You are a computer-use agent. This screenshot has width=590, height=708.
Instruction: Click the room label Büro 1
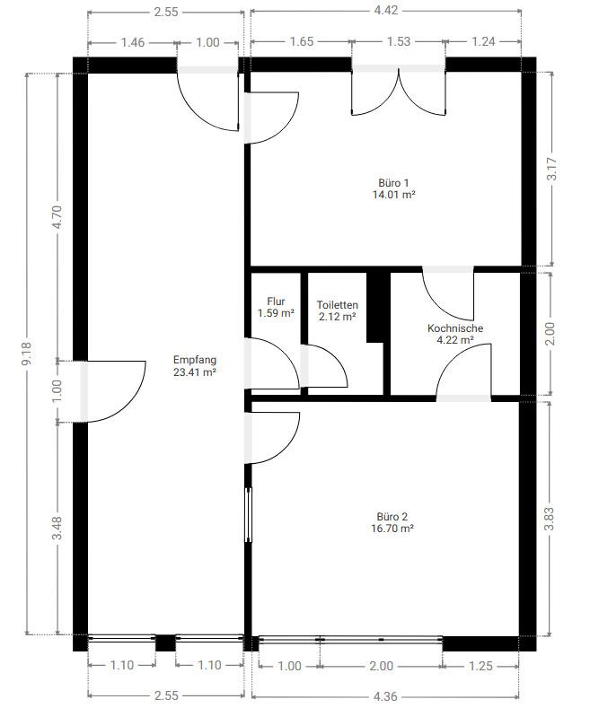pos(393,183)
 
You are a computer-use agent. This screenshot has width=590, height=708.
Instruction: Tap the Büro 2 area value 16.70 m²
pos(392,529)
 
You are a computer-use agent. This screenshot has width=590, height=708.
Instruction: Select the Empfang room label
pos(195,360)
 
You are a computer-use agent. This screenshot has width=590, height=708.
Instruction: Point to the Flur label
pos(276,302)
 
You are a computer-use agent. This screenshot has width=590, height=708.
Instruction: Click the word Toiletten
pos(337,305)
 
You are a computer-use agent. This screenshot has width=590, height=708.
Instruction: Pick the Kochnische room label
pos(455,328)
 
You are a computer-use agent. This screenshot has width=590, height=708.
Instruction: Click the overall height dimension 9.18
pos(27,354)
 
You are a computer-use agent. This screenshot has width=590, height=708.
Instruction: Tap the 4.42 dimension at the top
pos(386,10)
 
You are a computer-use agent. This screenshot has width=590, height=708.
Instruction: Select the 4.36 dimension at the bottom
pos(385,696)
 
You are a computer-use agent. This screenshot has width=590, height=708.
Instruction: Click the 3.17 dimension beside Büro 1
pos(552,169)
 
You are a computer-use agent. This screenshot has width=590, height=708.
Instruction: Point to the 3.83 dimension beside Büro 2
pos(550,519)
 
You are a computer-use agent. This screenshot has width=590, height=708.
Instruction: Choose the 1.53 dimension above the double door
pos(399,41)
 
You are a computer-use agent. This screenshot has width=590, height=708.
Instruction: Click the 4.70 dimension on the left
pos(57,217)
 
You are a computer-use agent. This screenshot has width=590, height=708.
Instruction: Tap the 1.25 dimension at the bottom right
pos(480,666)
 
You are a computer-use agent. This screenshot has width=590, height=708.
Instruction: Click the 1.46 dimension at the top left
pos(132,42)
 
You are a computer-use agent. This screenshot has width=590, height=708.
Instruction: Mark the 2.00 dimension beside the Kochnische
pos(550,333)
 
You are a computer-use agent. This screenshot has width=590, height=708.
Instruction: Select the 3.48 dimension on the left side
pos(57,528)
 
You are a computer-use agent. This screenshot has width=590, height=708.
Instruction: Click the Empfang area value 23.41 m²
pos(195,372)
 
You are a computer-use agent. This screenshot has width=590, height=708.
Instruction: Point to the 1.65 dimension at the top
pos(302,41)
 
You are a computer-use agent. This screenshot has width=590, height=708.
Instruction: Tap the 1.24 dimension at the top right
pos(483,41)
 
